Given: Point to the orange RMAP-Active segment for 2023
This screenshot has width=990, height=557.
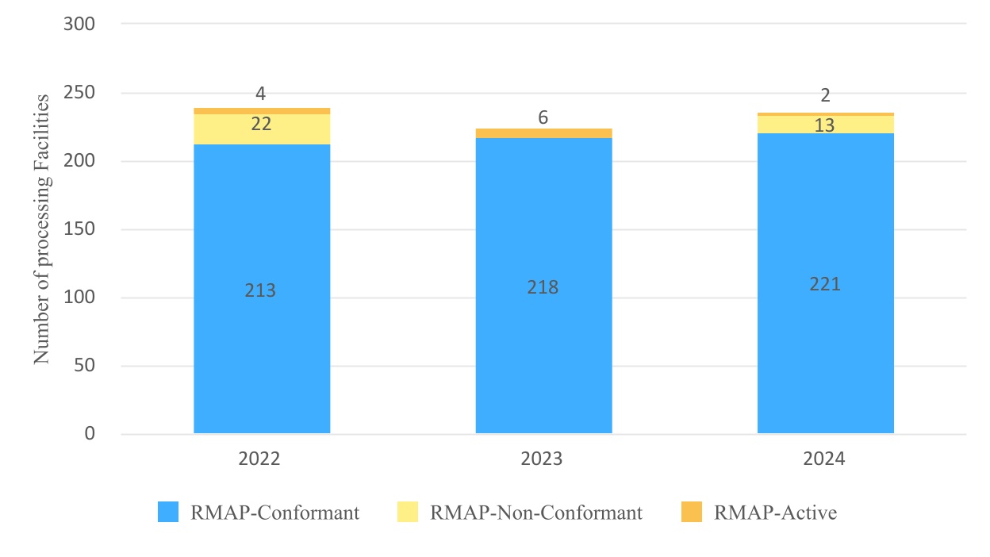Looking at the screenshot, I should [543, 133].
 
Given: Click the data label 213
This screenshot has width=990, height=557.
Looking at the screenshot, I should [260, 290].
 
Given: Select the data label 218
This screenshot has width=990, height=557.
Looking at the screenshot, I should [543, 287].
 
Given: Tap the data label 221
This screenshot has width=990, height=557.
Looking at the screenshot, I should [825, 284].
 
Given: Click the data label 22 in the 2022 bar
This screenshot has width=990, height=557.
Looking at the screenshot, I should [261, 124].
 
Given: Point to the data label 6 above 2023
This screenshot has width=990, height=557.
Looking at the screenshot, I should [543, 117].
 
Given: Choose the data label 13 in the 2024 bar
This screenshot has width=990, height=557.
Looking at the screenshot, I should [825, 125].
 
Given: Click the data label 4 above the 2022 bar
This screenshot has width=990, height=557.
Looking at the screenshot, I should [260, 94].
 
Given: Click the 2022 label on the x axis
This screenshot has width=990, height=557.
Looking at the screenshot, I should [260, 459].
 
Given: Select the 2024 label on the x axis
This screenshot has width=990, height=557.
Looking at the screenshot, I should [825, 459].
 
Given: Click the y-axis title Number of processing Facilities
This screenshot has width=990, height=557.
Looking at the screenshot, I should [42, 229].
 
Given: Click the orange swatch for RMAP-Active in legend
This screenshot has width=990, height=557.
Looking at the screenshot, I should [692, 513].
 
